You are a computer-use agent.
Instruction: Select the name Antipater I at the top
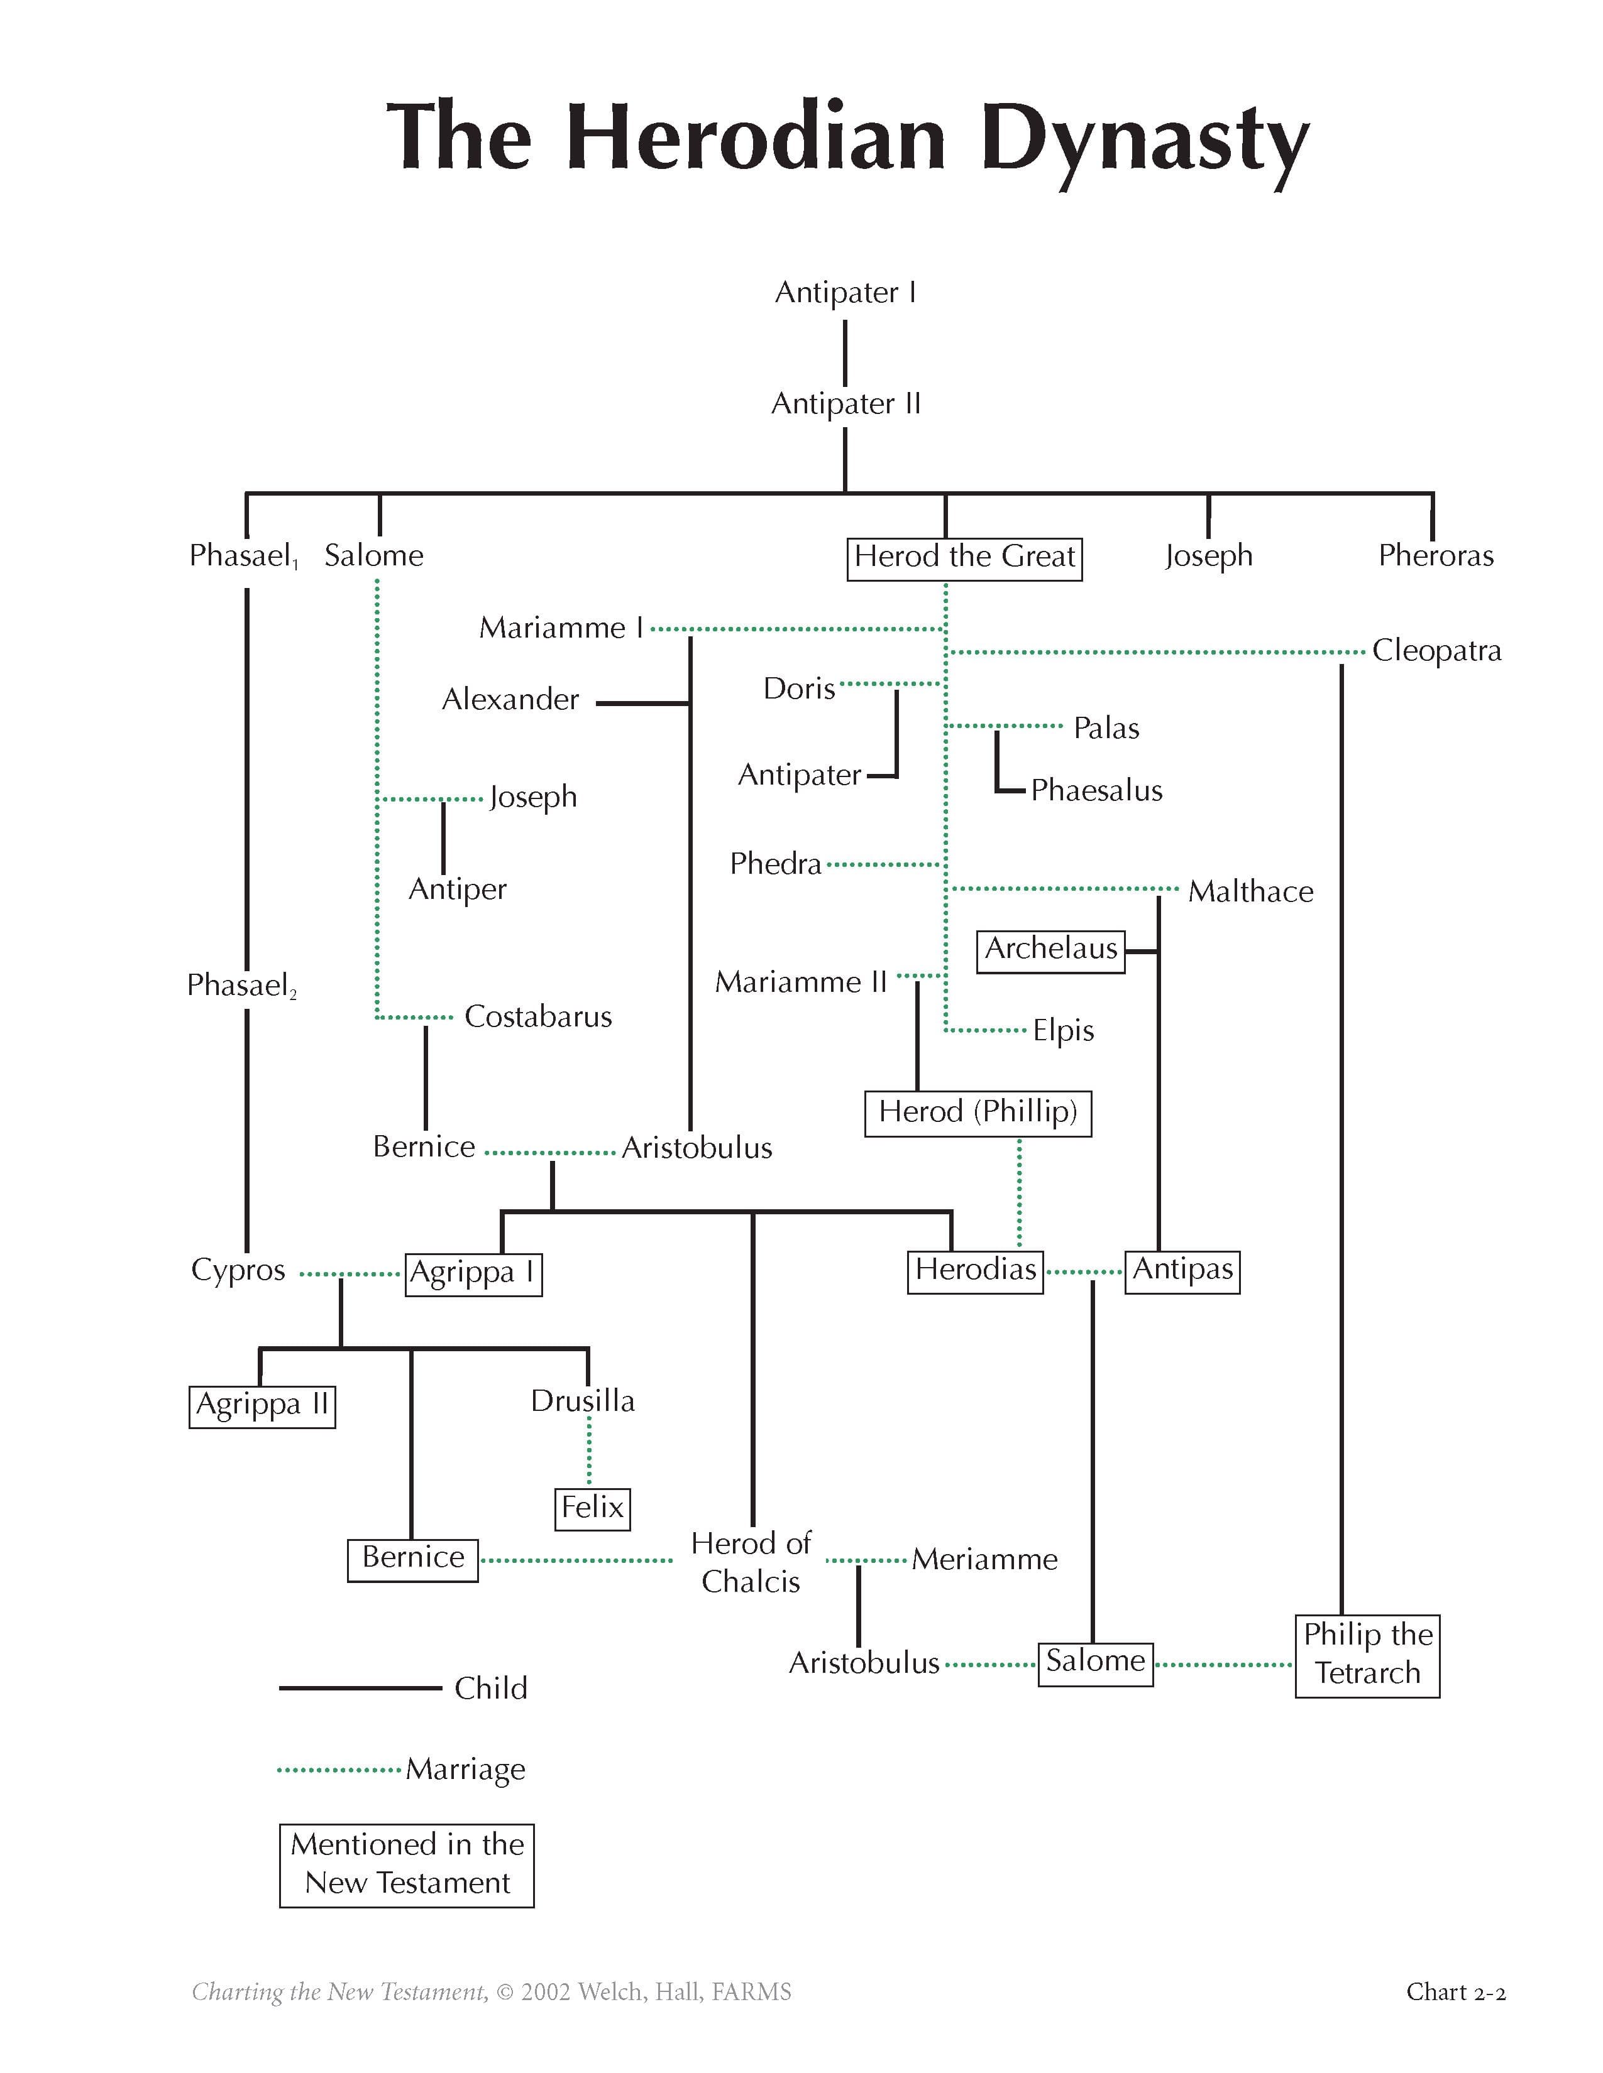coord(845,292)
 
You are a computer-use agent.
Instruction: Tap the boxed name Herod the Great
coord(964,556)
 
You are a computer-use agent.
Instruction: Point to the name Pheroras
coord(1435,555)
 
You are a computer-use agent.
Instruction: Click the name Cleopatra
coord(1436,651)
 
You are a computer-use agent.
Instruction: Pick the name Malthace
coord(1250,891)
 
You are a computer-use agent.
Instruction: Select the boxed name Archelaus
coord(1050,949)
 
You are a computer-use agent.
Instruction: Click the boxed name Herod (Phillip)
coord(977,1113)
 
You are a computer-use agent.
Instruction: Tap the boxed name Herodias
coord(975,1270)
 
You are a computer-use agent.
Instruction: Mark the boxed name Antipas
coord(1182,1270)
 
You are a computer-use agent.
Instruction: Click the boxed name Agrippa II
coord(262,1405)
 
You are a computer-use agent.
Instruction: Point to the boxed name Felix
coord(592,1507)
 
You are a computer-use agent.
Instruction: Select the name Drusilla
coord(582,1401)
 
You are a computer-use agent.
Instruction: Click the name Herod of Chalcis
coord(750,1562)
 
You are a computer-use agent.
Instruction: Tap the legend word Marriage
coord(465,1769)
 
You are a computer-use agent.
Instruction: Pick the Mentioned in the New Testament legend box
coord(407,1864)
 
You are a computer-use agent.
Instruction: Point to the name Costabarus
coord(537,1016)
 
